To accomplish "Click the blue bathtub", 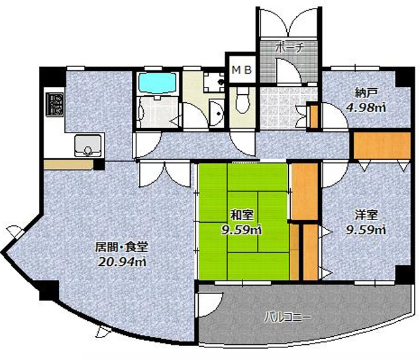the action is pyautogui.click(x=157, y=83).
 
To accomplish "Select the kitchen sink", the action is pyautogui.click(x=88, y=145).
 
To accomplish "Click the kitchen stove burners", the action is pyautogui.click(x=54, y=105).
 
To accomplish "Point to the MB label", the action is pyautogui.click(x=242, y=70).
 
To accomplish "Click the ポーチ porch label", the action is pyautogui.click(x=290, y=48).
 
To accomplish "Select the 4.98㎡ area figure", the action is pyautogui.click(x=366, y=107).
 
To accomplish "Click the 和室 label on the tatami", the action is pyautogui.click(x=242, y=215).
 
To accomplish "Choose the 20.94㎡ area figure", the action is pyautogui.click(x=122, y=262).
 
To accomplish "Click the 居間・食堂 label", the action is pyautogui.click(x=122, y=247).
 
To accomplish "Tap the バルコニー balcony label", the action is pyautogui.click(x=288, y=318).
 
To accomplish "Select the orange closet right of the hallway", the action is pyautogui.click(x=382, y=145).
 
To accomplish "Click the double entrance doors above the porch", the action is pyautogui.click(x=289, y=23).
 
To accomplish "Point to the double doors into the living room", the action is pyautogui.click(x=165, y=174).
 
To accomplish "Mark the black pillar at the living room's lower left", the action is pyautogui.click(x=49, y=290).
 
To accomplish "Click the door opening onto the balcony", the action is pyautogui.click(x=209, y=304).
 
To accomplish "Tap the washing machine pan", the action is pyautogui.click(x=214, y=82).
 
